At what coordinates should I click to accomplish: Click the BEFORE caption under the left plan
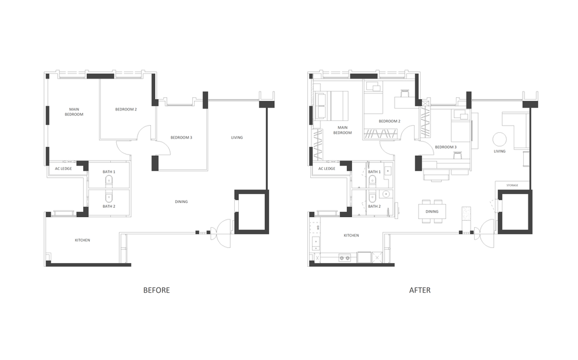156,290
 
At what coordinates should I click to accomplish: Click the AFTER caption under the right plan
420,290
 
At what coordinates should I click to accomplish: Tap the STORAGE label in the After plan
512,185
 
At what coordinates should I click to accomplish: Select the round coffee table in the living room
500,139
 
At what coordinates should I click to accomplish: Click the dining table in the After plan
432,211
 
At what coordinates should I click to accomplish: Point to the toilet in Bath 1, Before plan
109,181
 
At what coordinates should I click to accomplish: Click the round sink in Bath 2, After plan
386,194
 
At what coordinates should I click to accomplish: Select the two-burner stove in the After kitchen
344,258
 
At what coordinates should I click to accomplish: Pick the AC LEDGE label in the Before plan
64,169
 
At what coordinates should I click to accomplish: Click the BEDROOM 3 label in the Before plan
181,138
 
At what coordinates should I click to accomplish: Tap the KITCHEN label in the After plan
352,235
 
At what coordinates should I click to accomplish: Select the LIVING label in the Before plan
237,138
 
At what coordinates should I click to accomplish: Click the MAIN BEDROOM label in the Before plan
74,112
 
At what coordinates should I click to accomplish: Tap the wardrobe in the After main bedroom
317,144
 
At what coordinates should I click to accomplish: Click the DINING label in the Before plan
181,202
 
